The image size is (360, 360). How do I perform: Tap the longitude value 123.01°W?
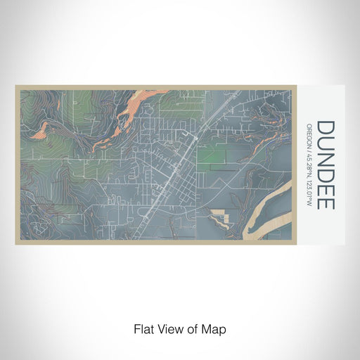pyautogui.click(x=309, y=191)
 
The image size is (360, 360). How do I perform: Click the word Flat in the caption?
pyautogui.click(x=144, y=328)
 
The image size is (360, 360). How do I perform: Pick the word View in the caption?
pyautogui.click(x=169, y=328)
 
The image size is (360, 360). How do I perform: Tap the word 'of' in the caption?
pyautogui.click(x=193, y=328)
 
